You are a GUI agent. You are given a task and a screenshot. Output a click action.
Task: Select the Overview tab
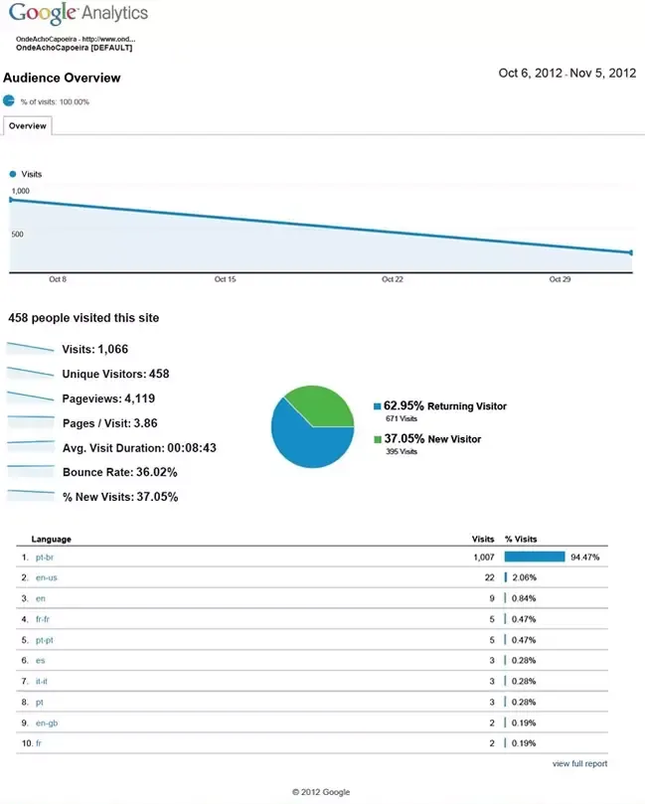point(27,126)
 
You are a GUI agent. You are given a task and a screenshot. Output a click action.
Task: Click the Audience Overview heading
point(62,78)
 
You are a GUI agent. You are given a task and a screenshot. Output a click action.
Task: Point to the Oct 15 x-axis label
point(225,279)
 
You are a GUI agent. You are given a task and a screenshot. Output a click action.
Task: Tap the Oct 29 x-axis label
point(560,279)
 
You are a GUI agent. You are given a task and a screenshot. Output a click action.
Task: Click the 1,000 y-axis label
point(21,190)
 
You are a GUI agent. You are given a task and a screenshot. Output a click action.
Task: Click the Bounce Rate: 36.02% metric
point(111,473)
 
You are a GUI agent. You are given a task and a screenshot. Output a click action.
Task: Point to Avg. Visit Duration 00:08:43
point(139,448)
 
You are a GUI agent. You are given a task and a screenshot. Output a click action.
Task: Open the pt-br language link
point(44,558)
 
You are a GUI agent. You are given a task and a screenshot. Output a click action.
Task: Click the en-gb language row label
point(46,724)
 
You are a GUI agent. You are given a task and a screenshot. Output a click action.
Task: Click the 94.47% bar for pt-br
point(535,558)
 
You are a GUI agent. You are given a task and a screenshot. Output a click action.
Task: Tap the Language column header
point(51,539)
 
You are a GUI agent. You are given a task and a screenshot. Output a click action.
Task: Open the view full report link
point(579,763)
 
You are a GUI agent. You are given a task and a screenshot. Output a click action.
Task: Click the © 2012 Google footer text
point(321,792)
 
